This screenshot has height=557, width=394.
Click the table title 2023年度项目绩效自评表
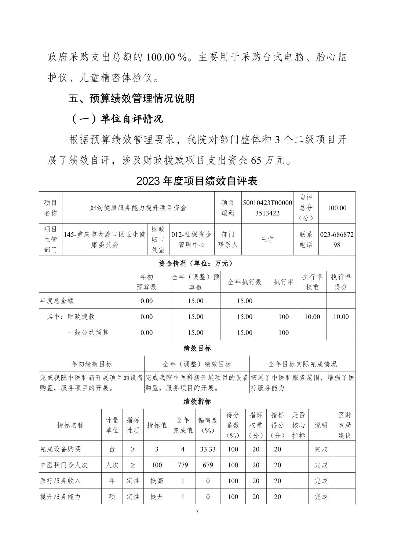[197, 181]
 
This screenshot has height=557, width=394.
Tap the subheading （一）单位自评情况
[116, 119]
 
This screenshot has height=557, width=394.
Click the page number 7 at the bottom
[197, 512]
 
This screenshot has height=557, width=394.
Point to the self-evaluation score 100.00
[337, 208]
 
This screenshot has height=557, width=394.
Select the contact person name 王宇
[267, 240]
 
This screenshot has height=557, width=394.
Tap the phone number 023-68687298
[337, 240]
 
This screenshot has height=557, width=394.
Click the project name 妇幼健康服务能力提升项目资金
[138, 208]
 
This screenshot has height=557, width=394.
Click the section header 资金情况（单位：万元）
[197, 263]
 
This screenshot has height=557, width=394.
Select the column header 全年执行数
[245, 282]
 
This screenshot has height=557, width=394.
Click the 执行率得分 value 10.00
[340, 317]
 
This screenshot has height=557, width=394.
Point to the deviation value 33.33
[208, 449]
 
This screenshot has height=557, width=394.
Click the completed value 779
[183, 465]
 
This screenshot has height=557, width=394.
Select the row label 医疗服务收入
[60, 480]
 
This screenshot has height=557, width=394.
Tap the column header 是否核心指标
[299, 425]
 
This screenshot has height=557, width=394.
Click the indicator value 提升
[157, 497]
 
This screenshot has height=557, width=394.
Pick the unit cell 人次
[112, 465]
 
